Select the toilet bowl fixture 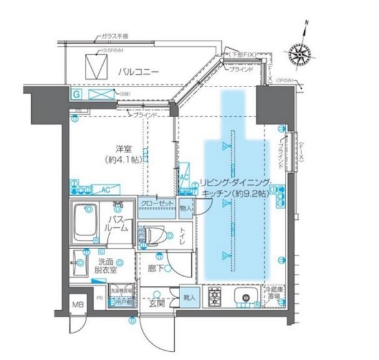[x=153, y=235]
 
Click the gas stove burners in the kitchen [x=216, y=297]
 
